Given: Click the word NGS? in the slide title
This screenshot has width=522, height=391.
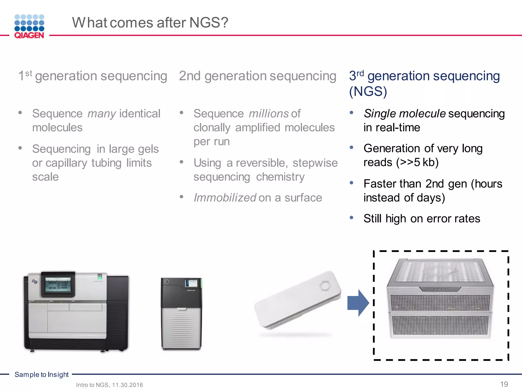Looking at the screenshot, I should [x=208, y=22].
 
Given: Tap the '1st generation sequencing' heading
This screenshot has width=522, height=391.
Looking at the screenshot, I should [x=93, y=76].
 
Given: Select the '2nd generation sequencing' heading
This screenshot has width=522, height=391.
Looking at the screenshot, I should [x=257, y=76].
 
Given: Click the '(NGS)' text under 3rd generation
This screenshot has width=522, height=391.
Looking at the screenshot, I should [x=368, y=91].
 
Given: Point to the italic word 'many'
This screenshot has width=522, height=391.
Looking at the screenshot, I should [x=102, y=114].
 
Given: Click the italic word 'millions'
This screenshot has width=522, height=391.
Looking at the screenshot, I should [x=269, y=114].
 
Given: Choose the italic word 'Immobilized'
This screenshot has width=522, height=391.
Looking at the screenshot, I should [x=225, y=198].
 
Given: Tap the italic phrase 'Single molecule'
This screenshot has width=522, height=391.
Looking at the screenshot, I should [x=404, y=114].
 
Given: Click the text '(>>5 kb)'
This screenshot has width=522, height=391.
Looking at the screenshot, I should [x=417, y=162].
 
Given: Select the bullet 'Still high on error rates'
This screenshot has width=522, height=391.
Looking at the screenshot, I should [x=422, y=218].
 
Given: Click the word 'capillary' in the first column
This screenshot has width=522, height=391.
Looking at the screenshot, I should [x=66, y=163].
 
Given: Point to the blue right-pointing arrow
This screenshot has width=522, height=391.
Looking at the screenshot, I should [x=358, y=303].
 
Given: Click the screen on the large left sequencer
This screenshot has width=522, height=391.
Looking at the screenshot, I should [x=58, y=284].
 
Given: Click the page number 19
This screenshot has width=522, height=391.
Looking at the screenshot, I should [x=504, y=384].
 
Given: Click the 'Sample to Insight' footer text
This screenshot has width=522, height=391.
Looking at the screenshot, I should [x=42, y=374].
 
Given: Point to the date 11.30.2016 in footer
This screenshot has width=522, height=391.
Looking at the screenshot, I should [x=127, y=385].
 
